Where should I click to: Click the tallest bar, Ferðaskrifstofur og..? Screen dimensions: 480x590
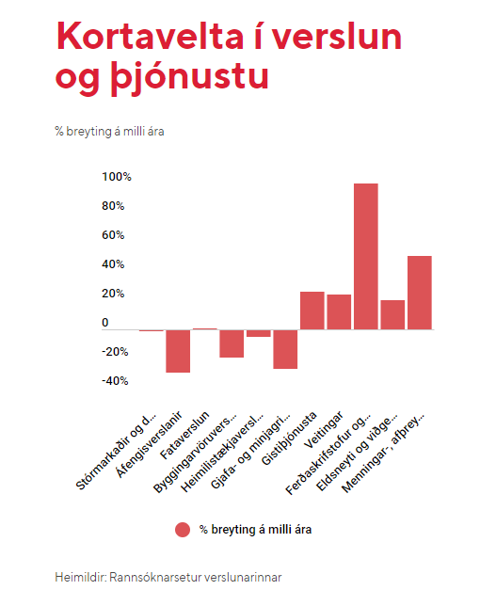click(x=365, y=257)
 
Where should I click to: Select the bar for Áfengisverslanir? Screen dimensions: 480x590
click(x=178, y=351)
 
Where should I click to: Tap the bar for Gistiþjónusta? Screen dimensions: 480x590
click(x=312, y=311)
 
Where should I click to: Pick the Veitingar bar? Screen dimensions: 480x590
click(x=339, y=311)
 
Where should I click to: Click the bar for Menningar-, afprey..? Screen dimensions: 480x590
click(x=420, y=293)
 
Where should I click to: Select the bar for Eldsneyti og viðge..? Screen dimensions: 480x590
click(x=392, y=315)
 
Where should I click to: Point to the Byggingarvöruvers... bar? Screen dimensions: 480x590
click(x=232, y=343)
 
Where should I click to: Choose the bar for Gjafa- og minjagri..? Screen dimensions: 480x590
click(x=285, y=349)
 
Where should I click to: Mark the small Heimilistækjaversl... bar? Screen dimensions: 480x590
click(x=258, y=333)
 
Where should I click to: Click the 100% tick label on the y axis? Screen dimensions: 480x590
click(x=117, y=177)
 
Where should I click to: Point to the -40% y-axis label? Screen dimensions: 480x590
click(x=115, y=381)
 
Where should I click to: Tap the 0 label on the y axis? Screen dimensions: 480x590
click(x=105, y=323)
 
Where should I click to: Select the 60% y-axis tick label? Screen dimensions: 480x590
click(x=113, y=235)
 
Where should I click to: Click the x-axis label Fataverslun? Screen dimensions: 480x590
click(x=184, y=436)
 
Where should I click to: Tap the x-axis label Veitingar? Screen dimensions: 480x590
click(x=324, y=430)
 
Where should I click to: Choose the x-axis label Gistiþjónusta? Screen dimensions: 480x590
click(x=289, y=439)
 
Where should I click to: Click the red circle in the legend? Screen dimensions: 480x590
click(x=183, y=530)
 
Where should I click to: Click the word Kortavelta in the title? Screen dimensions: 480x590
click(x=151, y=37)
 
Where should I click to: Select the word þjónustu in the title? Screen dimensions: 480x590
click(x=190, y=77)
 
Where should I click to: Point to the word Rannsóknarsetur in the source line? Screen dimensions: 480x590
click(x=155, y=577)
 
